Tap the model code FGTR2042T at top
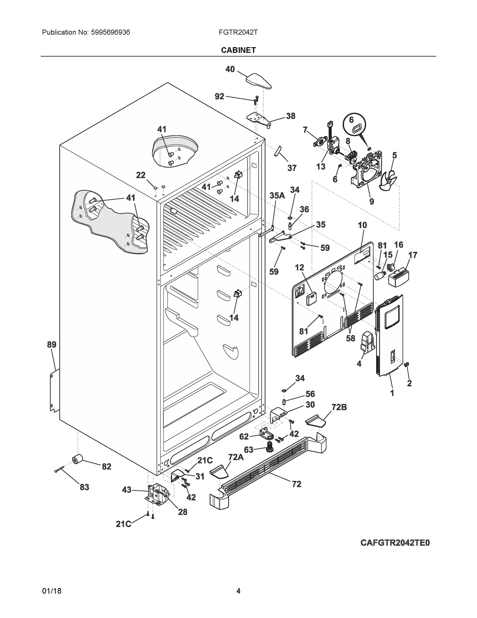238,32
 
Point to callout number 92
219,97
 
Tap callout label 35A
277,195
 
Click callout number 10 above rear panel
362,225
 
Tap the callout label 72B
339,407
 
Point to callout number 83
84,487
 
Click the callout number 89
51,345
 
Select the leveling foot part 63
269,450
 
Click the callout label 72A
236,457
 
